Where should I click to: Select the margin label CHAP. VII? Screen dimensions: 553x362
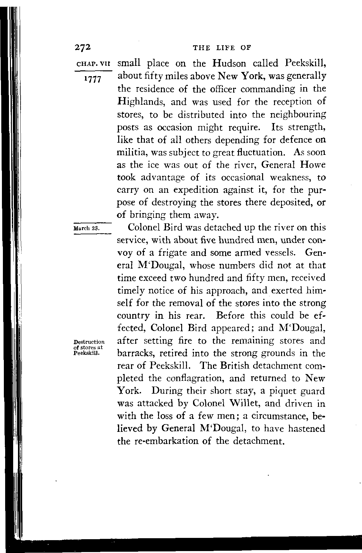[x=93, y=63]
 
